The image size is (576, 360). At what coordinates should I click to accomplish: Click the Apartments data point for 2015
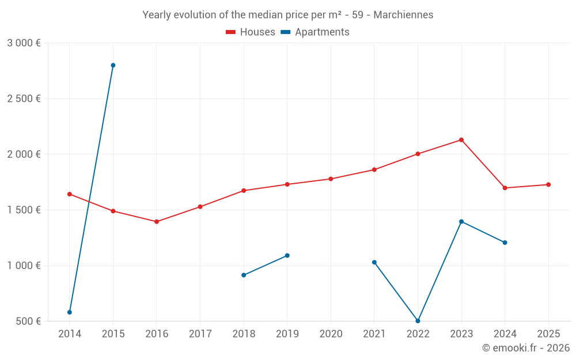pyautogui.click(x=113, y=65)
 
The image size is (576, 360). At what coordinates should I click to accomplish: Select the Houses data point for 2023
pyautogui.click(x=461, y=140)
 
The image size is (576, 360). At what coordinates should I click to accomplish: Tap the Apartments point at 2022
pyautogui.click(x=418, y=321)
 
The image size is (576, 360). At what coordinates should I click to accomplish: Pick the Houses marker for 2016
pyautogui.click(x=157, y=222)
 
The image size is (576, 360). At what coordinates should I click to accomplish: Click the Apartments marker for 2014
pyautogui.click(x=70, y=312)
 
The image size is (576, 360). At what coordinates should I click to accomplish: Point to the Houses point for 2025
pyautogui.click(x=548, y=184)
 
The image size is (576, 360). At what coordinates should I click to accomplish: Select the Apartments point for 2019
pyautogui.click(x=287, y=255)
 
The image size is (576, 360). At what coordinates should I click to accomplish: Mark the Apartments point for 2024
pyautogui.click(x=505, y=242)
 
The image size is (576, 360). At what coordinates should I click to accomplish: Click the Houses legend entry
pyautogui.click(x=251, y=32)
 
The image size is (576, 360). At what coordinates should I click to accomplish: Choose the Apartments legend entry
pyautogui.click(x=315, y=32)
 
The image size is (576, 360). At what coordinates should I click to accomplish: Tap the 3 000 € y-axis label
pyautogui.click(x=24, y=43)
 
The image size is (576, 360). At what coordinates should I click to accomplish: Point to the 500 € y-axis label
pyautogui.click(x=28, y=321)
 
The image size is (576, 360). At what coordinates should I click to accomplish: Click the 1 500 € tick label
pyautogui.click(x=24, y=210)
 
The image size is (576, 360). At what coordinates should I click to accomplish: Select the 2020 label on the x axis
pyautogui.click(x=331, y=334)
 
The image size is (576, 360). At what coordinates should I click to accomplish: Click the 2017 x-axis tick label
pyautogui.click(x=200, y=334)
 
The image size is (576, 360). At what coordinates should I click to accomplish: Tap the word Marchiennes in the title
pyautogui.click(x=403, y=15)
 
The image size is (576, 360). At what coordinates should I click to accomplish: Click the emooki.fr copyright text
pyautogui.click(x=525, y=348)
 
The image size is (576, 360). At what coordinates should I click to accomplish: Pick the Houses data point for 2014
pyautogui.click(x=70, y=194)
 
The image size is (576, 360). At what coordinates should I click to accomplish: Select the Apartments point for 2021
pyautogui.click(x=374, y=262)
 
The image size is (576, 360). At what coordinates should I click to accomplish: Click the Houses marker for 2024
pyautogui.click(x=505, y=188)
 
